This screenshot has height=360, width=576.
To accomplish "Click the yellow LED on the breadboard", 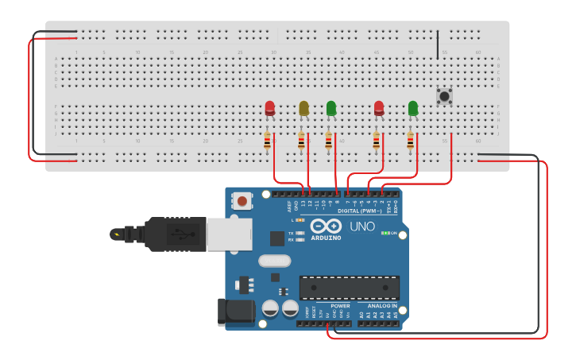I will pyautogui.click(x=303, y=108).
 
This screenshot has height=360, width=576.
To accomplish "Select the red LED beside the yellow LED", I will pyautogui.click(x=270, y=108).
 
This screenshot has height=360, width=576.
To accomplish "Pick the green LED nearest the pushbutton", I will pyautogui.click(x=413, y=108).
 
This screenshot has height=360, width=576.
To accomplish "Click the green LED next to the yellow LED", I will pyautogui.click(x=331, y=108).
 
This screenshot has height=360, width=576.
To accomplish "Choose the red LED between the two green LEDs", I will pyautogui.click(x=379, y=108).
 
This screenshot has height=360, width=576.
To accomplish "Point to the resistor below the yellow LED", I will pyautogui.click(x=301, y=141).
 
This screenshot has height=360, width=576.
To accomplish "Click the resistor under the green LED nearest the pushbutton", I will pyautogui.click(x=411, y=141).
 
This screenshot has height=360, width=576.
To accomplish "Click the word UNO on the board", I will pyautogui.click(x=362, y=227).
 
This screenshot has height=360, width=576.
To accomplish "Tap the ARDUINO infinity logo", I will pyautogui.click(x=326, y=226).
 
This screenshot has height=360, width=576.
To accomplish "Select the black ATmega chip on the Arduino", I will pyautogui.click(x=350, y=288).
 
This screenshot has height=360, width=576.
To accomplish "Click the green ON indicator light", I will pyautogui.click(x=385, y=233).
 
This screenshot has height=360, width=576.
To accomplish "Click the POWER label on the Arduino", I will pyautogui.click(x=340, y=306).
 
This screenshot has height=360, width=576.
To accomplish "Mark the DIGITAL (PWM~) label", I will pyautogui.click(x=360, y=211).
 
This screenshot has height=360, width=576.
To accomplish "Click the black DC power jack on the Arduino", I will pyautogui.click(x=236, y=312).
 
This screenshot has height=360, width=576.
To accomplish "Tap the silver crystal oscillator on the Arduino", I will pyautogui.click(x=275, y=260).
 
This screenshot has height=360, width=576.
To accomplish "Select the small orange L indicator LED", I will pyautogui.click(x=300, y=219).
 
